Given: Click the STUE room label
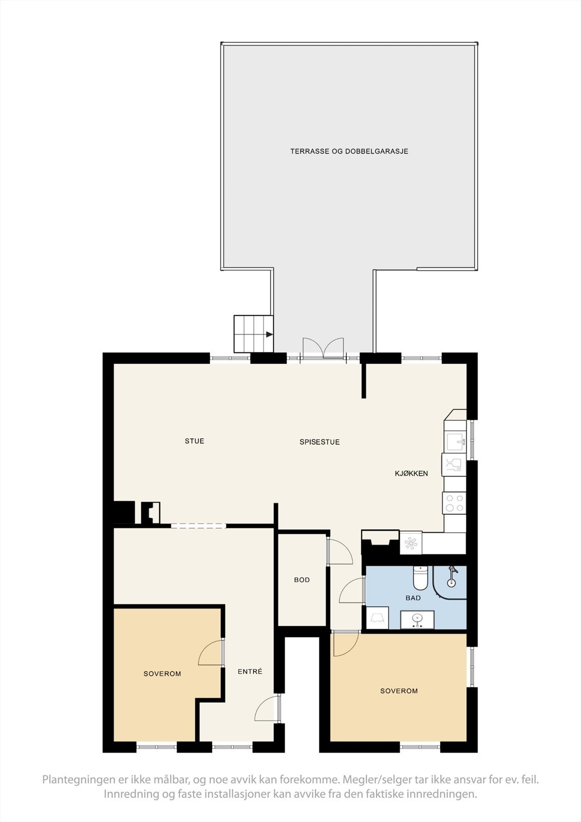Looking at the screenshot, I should point(194,441).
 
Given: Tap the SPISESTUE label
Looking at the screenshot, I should point(320,442).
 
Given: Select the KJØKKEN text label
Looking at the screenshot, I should point(411,473).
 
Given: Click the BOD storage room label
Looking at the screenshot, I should point(302,580).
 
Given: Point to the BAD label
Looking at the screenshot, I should point(413,598).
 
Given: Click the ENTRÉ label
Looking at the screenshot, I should point(250,671).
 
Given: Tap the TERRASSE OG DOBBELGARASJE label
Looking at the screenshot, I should point(349,151).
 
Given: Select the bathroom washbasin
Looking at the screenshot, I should point(417,620).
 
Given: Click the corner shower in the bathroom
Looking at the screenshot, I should point(451,582).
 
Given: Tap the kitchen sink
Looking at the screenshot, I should point(455,441).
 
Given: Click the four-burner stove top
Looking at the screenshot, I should point(454,502).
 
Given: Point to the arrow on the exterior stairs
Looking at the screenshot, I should point(269,334).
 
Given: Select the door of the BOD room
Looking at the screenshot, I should point(339,552).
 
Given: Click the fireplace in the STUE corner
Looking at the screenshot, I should point(151,513).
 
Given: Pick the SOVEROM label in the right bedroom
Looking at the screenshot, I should point(399,691).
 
